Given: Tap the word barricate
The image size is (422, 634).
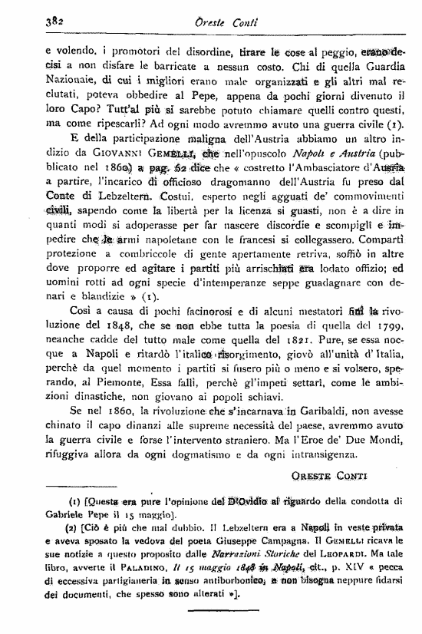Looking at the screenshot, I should pyautogui.click(x=187, y=67).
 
